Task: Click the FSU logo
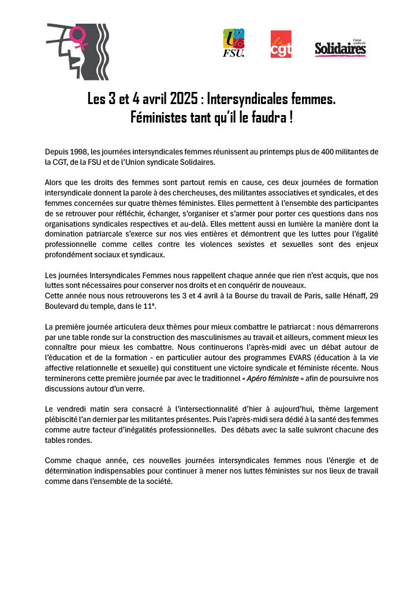pyautogui.click(x=234, y=43)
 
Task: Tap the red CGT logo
pyautogui.click(x=281, y=45)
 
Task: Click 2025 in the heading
pyautogui.click(x=177, y=99)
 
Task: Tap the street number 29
pyautogui.click(x=372, y=295)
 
